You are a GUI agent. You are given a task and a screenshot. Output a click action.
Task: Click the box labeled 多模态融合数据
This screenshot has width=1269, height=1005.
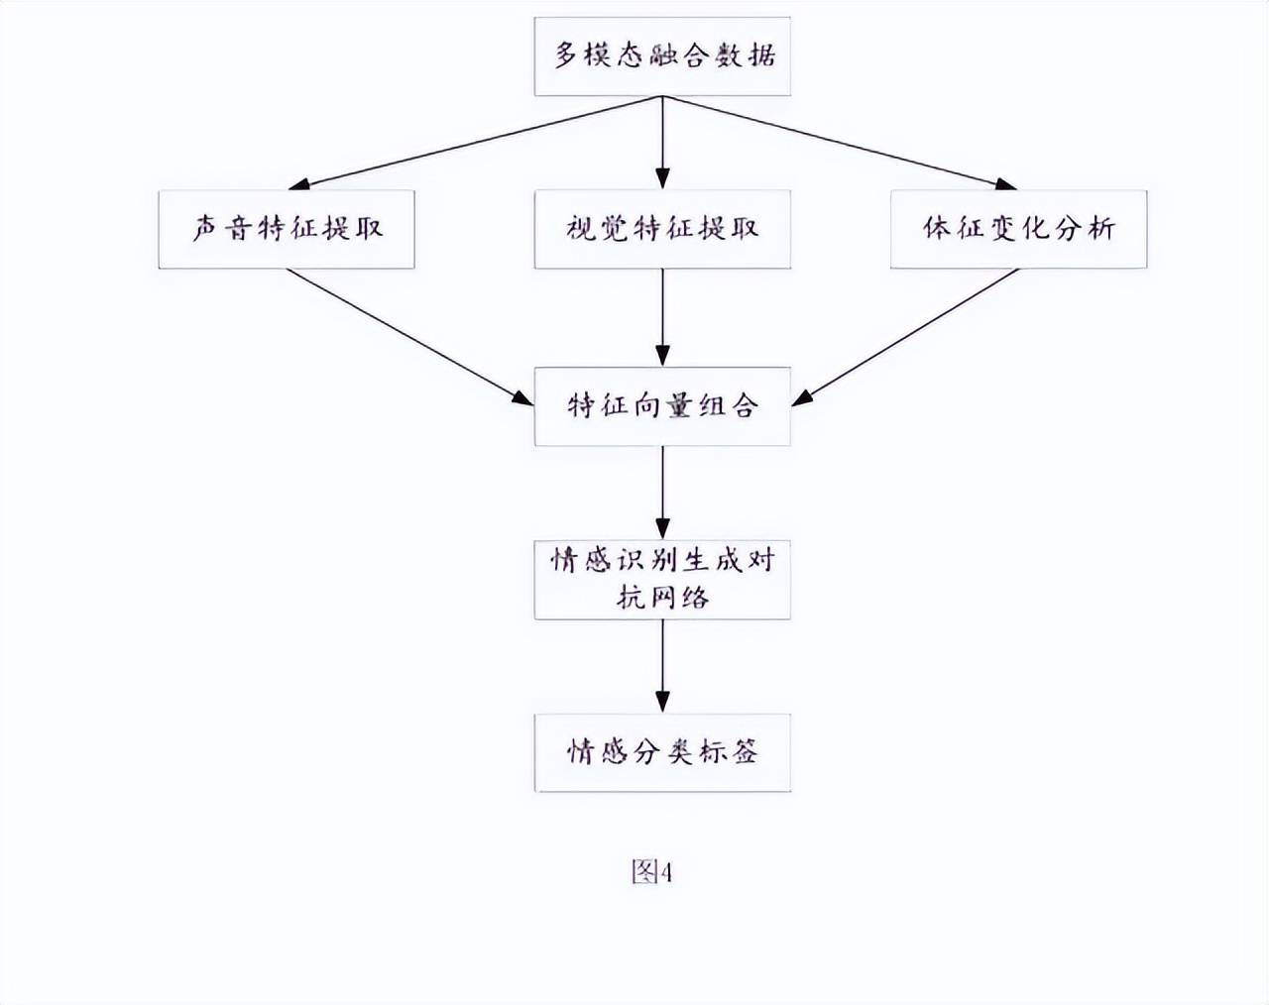coord(662,56)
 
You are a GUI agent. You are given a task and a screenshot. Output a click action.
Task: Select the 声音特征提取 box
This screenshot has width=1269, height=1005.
coord(287,229)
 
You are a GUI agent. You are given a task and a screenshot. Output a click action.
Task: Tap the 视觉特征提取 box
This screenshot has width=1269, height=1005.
coord(662,229)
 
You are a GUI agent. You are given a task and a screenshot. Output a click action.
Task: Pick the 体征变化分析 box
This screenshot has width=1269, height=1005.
coord(1018,229)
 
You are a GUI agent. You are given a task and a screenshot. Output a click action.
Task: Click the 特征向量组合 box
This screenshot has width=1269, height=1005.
coord(662,406)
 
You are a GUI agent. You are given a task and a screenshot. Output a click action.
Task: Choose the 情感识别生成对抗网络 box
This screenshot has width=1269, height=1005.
coord(662,580)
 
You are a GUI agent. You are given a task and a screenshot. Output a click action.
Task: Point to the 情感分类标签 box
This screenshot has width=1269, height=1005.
coord(662,752)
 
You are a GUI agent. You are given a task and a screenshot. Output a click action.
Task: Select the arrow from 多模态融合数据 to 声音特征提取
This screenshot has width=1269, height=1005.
coord(475,143)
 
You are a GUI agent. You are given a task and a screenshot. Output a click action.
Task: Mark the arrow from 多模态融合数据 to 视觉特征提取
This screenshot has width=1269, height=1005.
coord(663,143)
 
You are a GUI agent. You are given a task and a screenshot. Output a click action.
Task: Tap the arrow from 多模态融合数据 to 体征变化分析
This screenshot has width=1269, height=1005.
coord(840,143)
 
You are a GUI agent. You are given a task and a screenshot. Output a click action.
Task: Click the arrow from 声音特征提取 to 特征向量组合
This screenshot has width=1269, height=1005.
coord(409,337)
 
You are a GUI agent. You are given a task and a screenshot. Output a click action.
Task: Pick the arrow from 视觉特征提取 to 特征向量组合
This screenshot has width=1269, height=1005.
coord(663,318)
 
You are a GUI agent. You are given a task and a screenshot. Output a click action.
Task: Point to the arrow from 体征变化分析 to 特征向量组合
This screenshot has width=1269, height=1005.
coord(904,337)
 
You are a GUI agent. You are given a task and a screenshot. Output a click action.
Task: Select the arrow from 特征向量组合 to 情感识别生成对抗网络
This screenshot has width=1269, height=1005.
coord(663,493)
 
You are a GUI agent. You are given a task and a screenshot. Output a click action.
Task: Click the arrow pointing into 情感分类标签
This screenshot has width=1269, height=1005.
coord(663,667)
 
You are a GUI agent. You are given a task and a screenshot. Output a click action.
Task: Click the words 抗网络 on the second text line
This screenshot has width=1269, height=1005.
coord(662,598)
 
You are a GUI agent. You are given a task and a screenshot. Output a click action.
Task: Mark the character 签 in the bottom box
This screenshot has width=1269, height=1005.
coord(746,752)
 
